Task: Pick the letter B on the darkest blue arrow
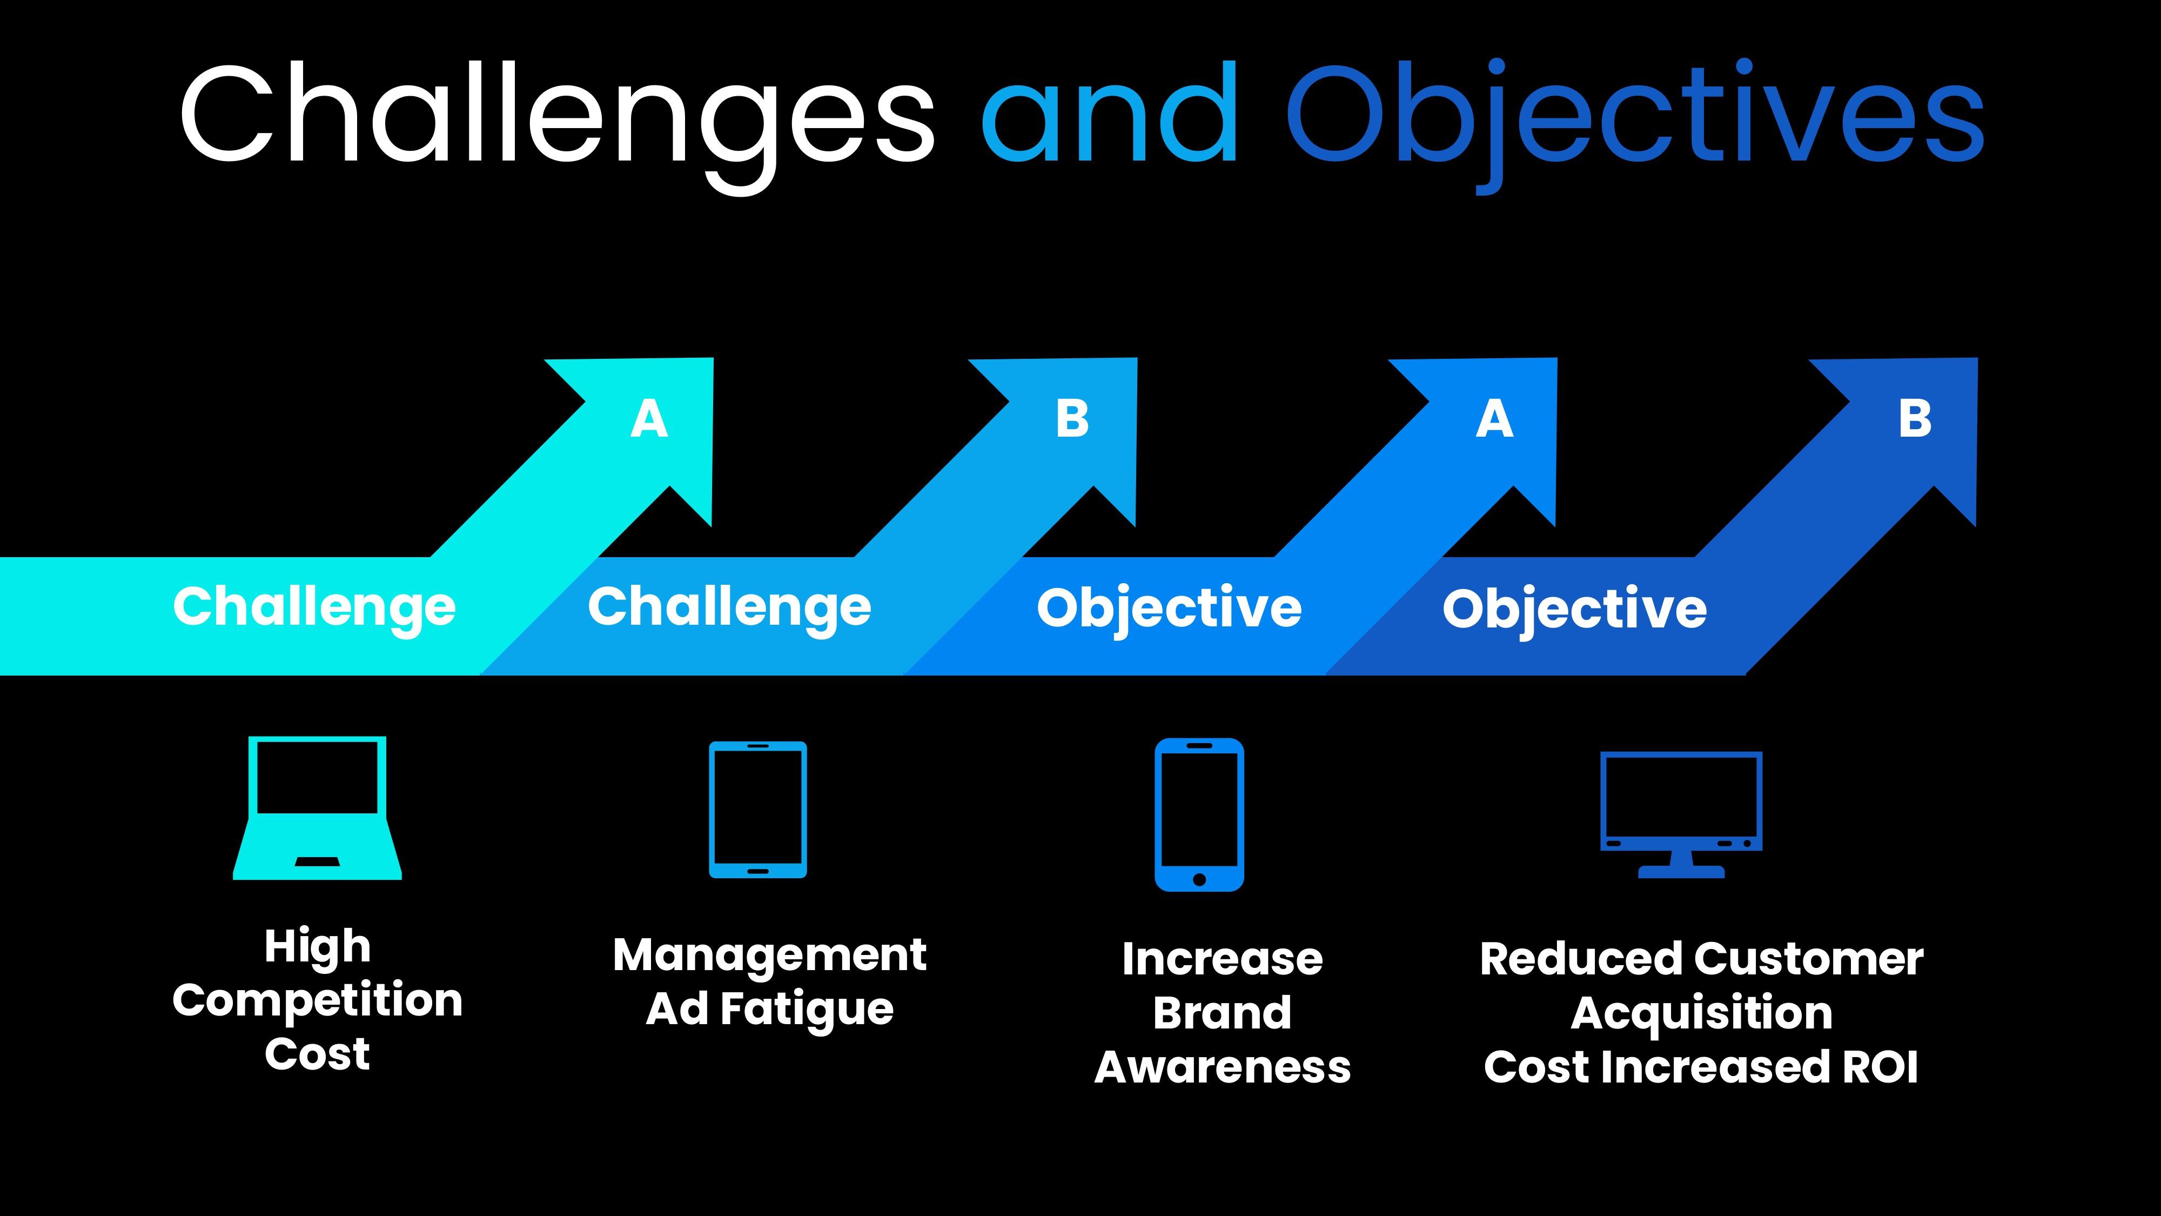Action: (1915, 419)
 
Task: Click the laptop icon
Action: (317, 807)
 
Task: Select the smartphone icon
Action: (1199, 813)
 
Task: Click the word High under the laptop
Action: (317, 947)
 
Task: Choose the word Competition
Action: (317, 1000)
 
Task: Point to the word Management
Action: (769, 955)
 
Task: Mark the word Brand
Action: (1222, 1013)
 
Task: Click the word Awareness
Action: (1222, 1067)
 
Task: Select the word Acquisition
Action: (1701, 1013)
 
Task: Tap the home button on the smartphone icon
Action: (1199, 879)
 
